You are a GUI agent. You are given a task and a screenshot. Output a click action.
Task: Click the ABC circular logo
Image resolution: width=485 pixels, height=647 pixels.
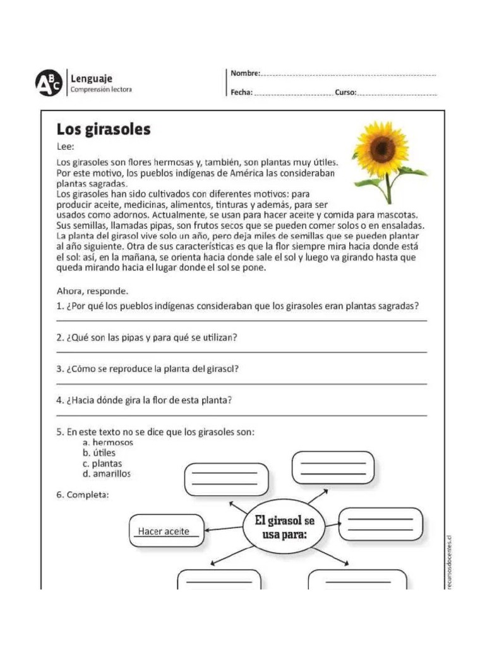(x=49, y=82)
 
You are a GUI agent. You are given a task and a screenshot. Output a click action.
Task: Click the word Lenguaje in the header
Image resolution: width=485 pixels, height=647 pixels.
(x=91, y=78)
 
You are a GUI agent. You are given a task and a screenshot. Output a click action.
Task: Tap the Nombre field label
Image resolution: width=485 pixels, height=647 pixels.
(x=245, y=74)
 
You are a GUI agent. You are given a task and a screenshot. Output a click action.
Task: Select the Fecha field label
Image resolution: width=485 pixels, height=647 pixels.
(x=241, y=92)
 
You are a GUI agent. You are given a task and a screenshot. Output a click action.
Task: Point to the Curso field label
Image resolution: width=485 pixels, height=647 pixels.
(x=345, y=92)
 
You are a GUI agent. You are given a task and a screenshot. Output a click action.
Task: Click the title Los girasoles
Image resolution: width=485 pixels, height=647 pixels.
(x=104, y=130)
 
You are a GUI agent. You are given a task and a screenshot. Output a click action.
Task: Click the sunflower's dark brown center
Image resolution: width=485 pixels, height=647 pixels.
(x=383, y=149)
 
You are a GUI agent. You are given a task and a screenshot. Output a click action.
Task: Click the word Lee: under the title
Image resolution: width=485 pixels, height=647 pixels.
(x=66, y=147)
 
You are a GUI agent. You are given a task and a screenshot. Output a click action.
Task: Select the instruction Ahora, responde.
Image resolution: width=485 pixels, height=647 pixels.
(x=92, y=291)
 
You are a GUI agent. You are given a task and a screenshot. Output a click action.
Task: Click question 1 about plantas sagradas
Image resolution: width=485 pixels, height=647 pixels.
(x=238, y=306)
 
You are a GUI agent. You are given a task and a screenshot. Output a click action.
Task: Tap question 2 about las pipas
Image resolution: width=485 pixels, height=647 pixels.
(x=147, y=338)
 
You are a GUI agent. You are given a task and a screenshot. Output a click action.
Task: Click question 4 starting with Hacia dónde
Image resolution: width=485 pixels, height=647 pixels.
(x=145, y=401)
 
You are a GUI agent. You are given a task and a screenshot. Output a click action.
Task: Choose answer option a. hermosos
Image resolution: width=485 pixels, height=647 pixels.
(x=107, y=443)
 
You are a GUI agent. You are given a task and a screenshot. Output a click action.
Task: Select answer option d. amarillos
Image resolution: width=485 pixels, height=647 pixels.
(x=107, y=473)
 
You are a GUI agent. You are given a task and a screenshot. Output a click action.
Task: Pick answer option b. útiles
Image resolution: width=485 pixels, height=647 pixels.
(x=99, y=453)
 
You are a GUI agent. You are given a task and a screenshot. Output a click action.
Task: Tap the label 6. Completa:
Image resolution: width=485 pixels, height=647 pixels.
(x=83, y=495)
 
